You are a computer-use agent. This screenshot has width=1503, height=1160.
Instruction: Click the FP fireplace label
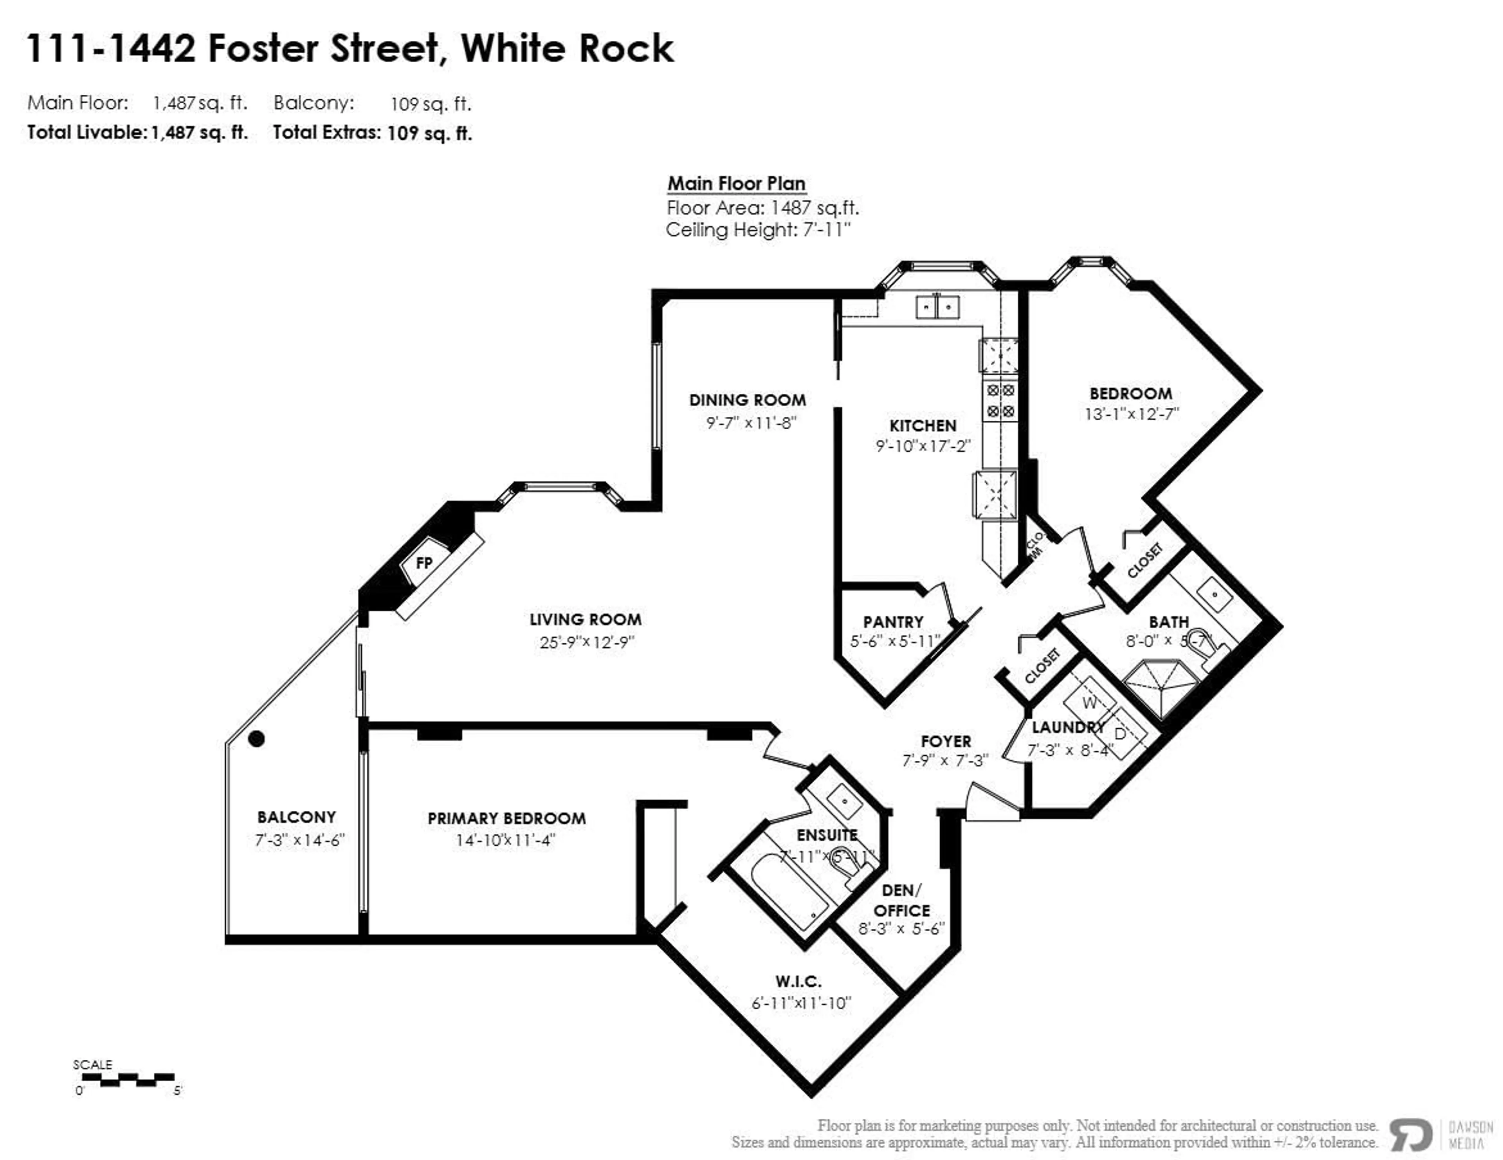coord(424,563)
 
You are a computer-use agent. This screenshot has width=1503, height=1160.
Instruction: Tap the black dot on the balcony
coord(257,739)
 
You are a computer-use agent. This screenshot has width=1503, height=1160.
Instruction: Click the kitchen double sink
coord(937,307)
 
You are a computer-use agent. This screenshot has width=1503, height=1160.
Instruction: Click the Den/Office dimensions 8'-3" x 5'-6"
coord(901,929)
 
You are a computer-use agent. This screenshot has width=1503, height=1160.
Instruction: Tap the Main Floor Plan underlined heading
coord(736,184)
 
